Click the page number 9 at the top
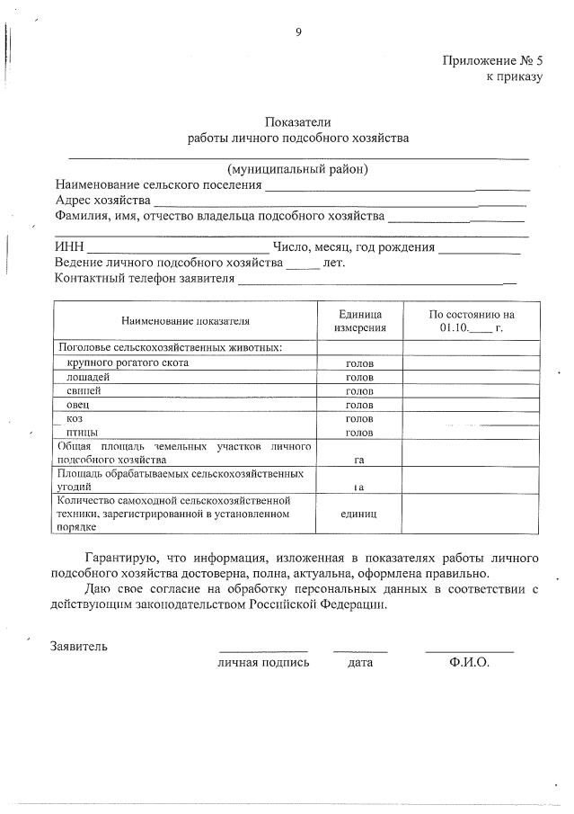pyautogui.click(x=298, y=32)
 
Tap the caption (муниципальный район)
pyautogui.click(x=297, y=169)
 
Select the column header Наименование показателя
pyautogui.click(x=185, y=320)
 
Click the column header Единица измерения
pyautogui.click(x=359, y=320)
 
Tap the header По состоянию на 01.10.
pyautogui.click(x=471, y=321)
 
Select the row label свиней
pyautogui.click(x=84, y=390)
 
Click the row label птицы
pyautogui.click(x=82, y=433)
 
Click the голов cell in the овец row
pyautogui.click(x=359, y=406)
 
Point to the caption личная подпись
pyautogui.click(x=263, y=663)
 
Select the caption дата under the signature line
pyautogui.click(x=360, y=663)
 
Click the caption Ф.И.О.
pyautogui.click(x=469, y=663)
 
